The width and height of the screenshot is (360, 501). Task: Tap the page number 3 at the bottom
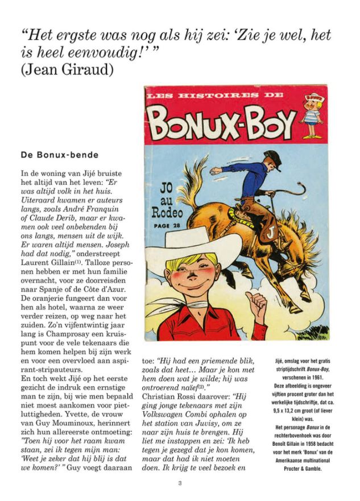point(180,483)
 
